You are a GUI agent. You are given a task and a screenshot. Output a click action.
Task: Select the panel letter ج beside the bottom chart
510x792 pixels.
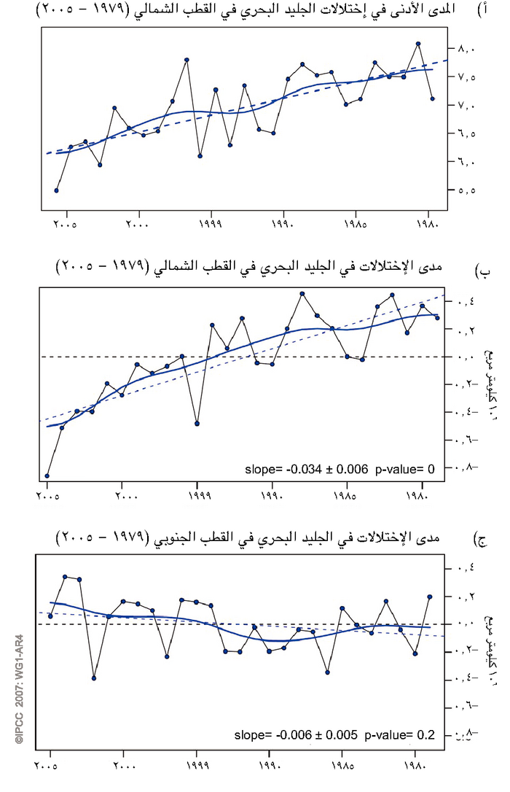[482, 540]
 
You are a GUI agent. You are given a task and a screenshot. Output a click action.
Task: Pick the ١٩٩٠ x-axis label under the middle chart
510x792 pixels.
[272, 496]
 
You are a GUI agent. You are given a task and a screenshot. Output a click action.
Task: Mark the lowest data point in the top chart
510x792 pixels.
[57, 190]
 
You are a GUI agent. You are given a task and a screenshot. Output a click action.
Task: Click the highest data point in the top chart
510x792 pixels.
[418, 44]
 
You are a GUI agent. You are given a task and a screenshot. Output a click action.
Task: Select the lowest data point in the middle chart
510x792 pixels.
[47, 475]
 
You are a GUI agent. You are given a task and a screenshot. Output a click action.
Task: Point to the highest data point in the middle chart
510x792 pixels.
[302, 294]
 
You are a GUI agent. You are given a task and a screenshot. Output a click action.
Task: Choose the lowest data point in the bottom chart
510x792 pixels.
[94, 678]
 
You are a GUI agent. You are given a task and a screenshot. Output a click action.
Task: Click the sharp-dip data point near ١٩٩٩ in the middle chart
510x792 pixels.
[197, 423]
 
